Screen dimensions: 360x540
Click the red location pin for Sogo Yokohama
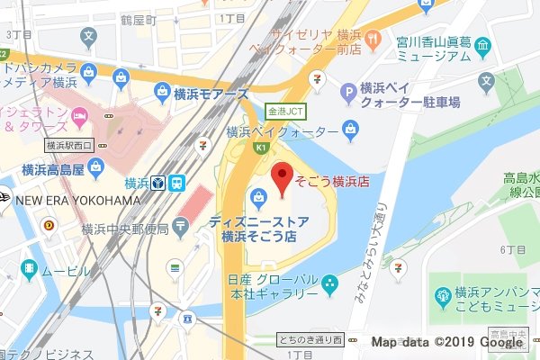pyautogui.click(x=283, y=178)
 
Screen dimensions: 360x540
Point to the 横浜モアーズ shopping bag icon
pyautogui.click(x=163, y=91)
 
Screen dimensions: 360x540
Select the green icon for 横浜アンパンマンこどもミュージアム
pyautogui.click(x=442, y=295)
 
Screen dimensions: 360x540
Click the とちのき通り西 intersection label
pyautogui.click(x=311, y=339)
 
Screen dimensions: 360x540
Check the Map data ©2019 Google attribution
pyautogui.click(x=447, y=342)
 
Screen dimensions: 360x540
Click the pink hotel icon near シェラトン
pyautogui.click(x=79, y=114)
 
